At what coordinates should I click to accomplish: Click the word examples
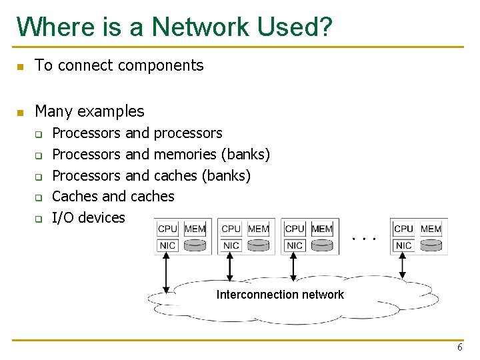tap(113, 111)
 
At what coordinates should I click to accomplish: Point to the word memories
tap(185, 155)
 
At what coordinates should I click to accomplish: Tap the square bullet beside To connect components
tap(20, 66)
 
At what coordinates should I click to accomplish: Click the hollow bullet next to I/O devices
tap(39, 219)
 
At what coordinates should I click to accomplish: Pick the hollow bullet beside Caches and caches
tap(39, 197)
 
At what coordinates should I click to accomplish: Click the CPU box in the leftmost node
tap(167, 229)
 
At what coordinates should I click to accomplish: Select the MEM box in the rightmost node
tap(431, 229)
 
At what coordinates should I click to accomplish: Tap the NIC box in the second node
tap(231, 245)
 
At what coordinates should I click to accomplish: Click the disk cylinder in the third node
tap(321, 245)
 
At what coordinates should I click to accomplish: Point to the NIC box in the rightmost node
tap(403, 245)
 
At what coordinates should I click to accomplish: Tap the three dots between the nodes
tap(364, 237)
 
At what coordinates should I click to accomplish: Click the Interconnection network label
tap(280, 295)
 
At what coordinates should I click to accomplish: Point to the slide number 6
tap(460, 349)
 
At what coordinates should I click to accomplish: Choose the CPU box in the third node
tap(294, 229)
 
